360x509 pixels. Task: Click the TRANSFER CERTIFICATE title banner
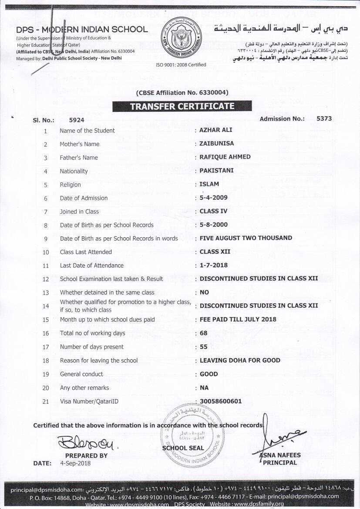coord(182,106)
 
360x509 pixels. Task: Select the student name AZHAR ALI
coord(216,130)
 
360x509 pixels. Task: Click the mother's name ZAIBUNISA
coord(216,144)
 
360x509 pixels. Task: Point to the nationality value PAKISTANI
coord(217,171)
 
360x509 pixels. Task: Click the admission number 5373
coord(324,118)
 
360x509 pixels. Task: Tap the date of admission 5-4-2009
coord(213,198)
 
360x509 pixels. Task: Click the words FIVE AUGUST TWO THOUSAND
coord(246,238)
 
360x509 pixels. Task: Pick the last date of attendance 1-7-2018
coord(213,265)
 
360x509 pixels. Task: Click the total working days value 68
coord(203,333)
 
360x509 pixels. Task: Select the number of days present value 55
coord(203,347)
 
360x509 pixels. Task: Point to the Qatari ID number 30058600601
coord(220,401)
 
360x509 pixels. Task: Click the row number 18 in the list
coord(46,361)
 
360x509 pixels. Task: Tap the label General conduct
coord(81,374)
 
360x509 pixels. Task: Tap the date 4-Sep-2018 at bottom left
coord(75,463)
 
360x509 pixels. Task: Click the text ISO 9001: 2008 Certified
coord(181,65)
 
